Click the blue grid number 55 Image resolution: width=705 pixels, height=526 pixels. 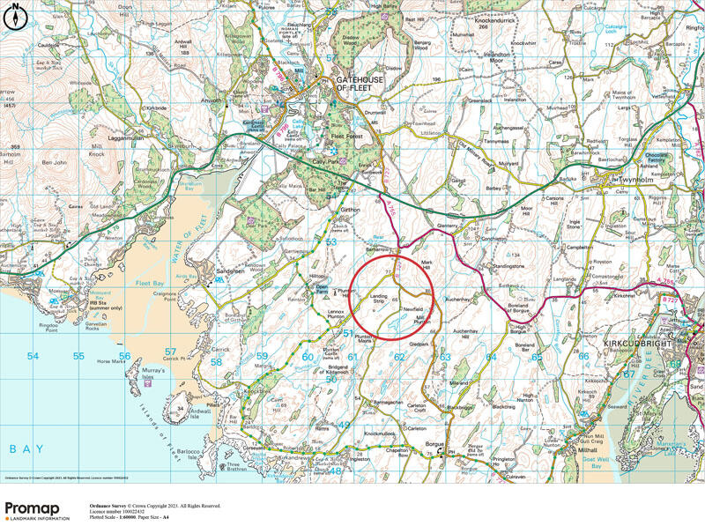click(x=79, y=357)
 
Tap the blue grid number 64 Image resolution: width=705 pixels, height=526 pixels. click(x=491, y=357)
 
